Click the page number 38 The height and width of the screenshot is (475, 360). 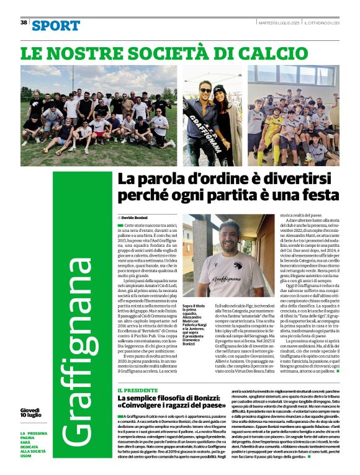click(24, 22)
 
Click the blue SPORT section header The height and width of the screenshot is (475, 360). click(56, 25)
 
